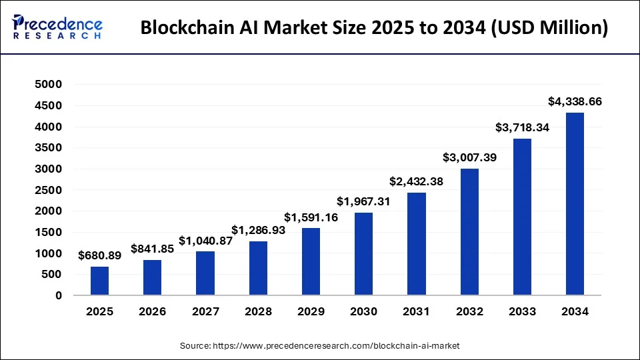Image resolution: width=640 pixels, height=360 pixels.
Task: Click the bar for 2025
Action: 99,281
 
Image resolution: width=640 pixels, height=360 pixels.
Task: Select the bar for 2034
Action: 575,204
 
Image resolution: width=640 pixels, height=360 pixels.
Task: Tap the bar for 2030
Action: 363,254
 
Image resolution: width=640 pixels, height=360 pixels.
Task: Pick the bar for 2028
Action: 258,268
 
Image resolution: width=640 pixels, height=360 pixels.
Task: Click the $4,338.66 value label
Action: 575,102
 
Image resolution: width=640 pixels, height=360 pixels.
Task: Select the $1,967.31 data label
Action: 363,201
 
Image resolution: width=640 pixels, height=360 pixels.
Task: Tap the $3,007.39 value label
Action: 469,157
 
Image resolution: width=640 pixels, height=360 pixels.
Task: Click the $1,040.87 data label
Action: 205,241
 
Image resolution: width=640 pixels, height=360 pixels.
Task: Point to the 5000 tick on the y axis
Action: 49,85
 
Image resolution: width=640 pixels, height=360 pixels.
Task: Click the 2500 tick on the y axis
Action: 49,190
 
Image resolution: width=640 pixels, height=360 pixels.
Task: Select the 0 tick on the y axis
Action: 58,295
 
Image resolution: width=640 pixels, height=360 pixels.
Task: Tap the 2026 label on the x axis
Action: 152,311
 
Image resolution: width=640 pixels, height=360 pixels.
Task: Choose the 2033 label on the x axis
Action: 522,311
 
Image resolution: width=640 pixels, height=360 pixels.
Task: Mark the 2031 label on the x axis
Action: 416,311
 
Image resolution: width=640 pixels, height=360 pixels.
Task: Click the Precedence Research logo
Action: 57,28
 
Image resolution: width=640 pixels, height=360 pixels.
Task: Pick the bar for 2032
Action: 469,232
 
